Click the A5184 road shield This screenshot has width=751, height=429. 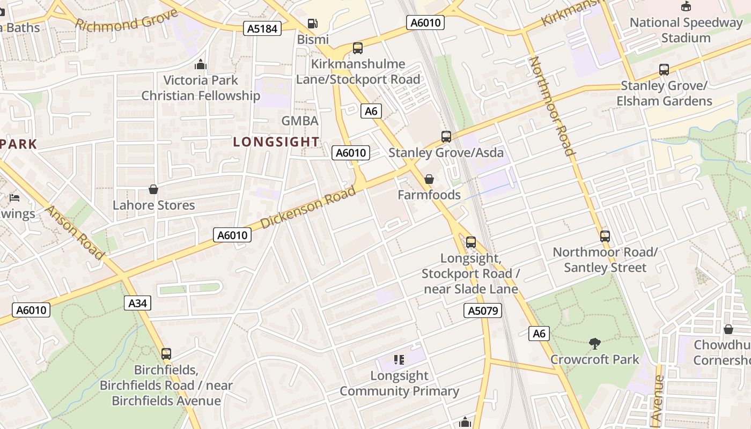[x=262, y=28]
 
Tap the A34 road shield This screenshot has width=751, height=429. [x=138, y=303]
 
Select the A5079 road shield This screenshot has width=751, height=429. [x=482, y=310]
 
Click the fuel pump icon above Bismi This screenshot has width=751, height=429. [x=312, y=24]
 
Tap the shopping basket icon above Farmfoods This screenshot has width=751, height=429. [x=429, y=179]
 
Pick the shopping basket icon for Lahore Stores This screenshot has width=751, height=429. [x=153, y=189]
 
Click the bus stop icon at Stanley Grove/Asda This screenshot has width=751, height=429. [x=446, y=136]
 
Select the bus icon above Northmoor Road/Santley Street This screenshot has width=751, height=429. [x=605, y=236]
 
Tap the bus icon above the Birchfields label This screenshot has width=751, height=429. [x=166, y=354]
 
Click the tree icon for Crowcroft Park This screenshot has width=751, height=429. [x=594, y=343]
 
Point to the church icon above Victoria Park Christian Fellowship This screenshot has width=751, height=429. [x=201, y=65]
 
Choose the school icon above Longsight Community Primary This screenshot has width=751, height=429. [x=399, y=359]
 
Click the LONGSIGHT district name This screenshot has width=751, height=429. [x=276, y=142]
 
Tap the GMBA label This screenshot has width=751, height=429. [x=300, y=121]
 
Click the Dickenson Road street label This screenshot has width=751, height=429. [x=308, y=206]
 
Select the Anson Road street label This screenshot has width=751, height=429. [x=75, y=232]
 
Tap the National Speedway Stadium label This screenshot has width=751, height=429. [x=686, y=30]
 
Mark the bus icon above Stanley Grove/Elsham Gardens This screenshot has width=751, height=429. [x=664, y=69]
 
